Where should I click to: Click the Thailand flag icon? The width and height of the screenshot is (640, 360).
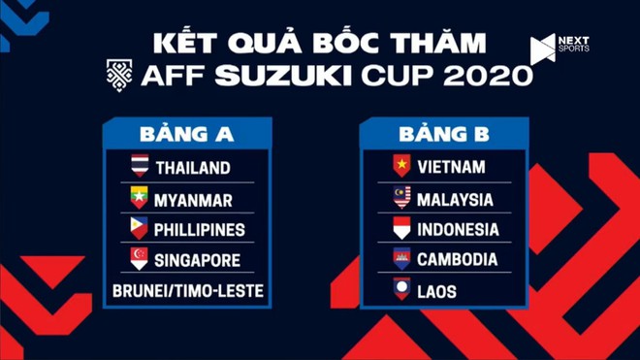click(141, 167)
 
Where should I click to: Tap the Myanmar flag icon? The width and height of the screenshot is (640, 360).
click(141, 199)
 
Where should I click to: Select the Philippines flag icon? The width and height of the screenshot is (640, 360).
click(141, 229)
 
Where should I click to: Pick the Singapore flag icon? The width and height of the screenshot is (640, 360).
click(141, 259)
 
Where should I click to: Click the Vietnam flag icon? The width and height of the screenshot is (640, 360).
click(401, 167)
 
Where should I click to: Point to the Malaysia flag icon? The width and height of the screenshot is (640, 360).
click(401, 198)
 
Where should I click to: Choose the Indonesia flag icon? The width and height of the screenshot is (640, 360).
click(401, 229)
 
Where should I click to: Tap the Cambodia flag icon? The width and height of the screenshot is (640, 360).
click(401, 259)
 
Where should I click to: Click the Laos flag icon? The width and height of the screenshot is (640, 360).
click(401, 289)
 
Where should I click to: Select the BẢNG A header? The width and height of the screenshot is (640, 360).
click(185, 134)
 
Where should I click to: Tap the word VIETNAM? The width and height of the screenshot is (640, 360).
click(451, 167)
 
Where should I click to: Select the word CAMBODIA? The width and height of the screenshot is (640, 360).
click(458, 259)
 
